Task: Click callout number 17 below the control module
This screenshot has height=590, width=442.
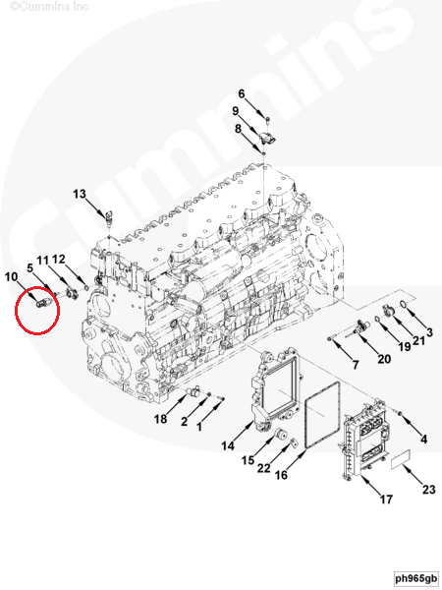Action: click(x=386, y=499)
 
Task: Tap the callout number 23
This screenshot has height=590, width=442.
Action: click(x=429, y=489)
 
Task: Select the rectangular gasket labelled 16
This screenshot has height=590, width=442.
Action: click(x=322, y=415)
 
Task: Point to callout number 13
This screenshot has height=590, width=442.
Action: click(x=80, y=194)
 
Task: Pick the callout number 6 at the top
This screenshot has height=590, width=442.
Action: click(x=242, y=93)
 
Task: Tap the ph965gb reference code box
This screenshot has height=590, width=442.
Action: click(x=416, y=578)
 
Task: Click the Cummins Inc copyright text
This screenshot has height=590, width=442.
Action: click(x=49, y=6)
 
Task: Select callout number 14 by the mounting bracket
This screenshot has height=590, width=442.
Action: click(x=228, y=445)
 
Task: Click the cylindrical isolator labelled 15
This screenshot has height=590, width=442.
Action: click(x=282, y=435)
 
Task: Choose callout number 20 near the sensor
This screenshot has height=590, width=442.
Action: click(x=384, y=359)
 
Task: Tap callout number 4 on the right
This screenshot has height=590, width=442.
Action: click(x=424, y=439)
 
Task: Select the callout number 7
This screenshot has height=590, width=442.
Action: click(x=356, y=364)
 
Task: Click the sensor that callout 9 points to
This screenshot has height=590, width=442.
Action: click(x=268, y=139)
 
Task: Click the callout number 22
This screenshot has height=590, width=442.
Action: click(x=264, y=468)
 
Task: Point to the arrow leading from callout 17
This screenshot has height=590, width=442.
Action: click(x=371, y=486)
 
